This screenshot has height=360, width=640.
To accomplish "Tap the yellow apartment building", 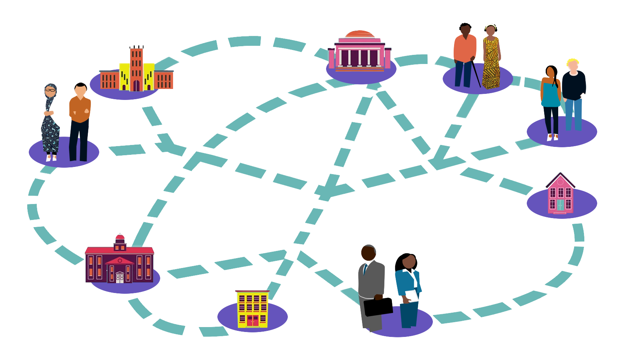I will pos(252,309).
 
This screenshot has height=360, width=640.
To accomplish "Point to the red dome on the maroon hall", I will pos(120,238).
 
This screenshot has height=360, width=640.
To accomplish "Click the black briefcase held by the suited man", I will pos(378,307).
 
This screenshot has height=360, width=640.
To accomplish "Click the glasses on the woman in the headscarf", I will pos(50,90).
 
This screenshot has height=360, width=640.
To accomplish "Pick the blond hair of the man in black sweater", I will pos(573,61).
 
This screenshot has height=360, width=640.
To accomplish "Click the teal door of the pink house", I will pos(560,205).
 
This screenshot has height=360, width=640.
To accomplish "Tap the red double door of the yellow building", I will pos(253,321).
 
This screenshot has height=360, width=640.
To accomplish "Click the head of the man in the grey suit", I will pos(368,252).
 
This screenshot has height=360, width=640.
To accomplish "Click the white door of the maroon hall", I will pos(120,277).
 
